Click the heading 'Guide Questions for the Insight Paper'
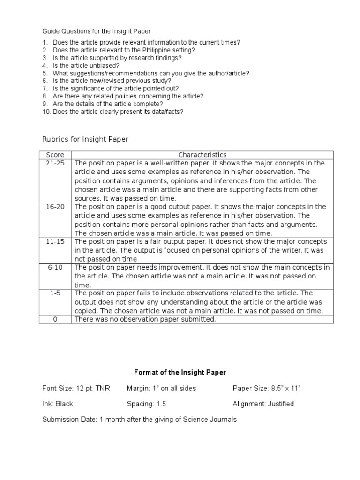[97, 31]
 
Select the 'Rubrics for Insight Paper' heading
[85, 139]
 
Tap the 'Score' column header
[55, 155]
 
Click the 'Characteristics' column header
[202, 155]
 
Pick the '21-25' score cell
[55, 163]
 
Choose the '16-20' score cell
[55, 207]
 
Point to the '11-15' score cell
[55, 241]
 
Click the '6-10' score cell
[55, 267]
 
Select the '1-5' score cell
[55, 293]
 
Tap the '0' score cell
[55, 319]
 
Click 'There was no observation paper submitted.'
[145, 319]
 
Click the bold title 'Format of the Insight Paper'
[180, 372]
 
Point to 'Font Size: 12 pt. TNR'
[75, 388]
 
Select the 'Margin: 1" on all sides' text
[161, 388]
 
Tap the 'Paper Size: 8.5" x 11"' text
[266, 388]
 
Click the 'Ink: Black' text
[58, 404]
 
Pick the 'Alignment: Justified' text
[263, 404]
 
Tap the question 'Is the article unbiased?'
[86, 66]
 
